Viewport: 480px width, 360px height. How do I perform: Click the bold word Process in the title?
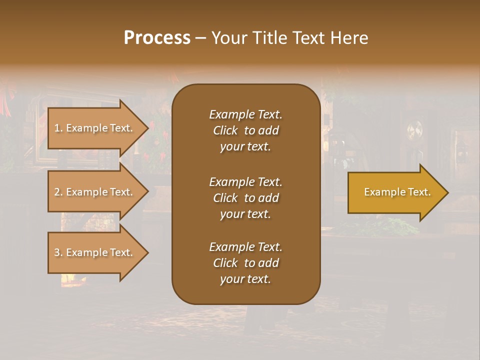(x=157, y=38)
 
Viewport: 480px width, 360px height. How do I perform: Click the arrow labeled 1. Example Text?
(x=95, y=128)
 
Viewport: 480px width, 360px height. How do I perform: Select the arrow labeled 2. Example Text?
(x=95, y=192)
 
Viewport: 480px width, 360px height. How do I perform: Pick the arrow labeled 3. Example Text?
(x=95, y=252)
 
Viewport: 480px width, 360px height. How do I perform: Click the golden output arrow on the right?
(x=395, y=192)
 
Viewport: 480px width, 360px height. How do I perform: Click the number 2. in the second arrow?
(x=58, y=192)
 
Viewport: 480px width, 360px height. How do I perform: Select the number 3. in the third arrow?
(x=58, y=252)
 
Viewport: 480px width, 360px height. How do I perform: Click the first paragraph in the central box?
(x=245, y=130)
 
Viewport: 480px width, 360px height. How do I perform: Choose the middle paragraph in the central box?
(x=245, y=198)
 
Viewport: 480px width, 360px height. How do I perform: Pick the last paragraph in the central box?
(x=245, y=263)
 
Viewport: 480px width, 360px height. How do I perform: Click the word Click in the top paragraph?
(x=225, y=130)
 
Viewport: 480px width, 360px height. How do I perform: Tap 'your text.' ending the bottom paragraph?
(x=245, y=279)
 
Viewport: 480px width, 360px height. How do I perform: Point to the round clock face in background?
(x=414, y=131)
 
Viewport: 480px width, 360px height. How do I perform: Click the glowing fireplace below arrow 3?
(x=70, y=278)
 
